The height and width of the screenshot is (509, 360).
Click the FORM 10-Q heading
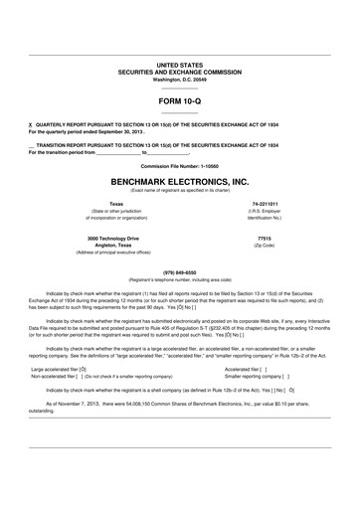(179, 100)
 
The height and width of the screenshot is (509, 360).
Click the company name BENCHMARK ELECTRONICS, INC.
(179, 184)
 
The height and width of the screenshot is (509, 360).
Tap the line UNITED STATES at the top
(179, 64)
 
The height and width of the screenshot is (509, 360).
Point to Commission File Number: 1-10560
(179, 166)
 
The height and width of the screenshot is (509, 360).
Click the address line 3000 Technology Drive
(116, 240)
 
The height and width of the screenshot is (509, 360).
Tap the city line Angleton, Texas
(116, 248)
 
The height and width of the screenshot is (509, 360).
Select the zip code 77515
(264, 240)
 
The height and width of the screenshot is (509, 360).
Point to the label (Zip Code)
(264, 248)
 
